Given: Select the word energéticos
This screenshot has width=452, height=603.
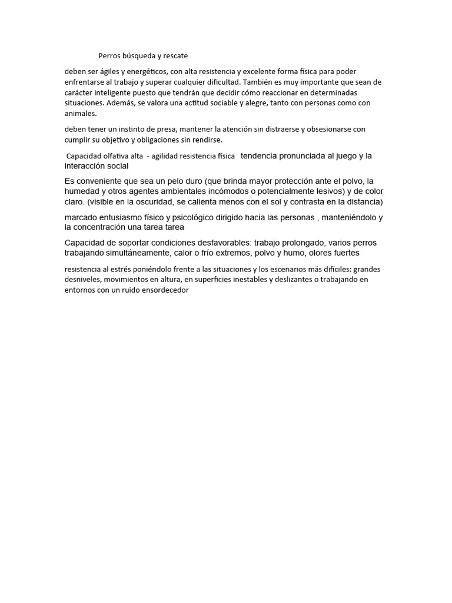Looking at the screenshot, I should (145, 72).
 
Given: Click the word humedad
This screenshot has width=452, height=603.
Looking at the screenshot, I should (81, 191).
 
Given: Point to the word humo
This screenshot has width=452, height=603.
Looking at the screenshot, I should (303, 253).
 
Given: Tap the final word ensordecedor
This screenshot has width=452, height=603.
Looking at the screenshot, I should (161, 290).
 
